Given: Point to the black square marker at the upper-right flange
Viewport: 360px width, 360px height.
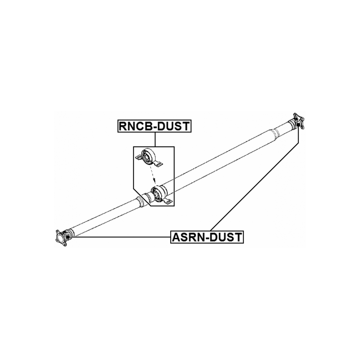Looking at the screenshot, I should click(x=299, y=125).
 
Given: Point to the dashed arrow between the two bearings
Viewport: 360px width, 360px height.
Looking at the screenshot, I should click(x=151, y=173).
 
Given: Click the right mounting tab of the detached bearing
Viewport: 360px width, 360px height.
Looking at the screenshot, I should click(x=159, y=164).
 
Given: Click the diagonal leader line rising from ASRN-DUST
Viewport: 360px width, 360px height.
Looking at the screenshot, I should click(x=256, y=181).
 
